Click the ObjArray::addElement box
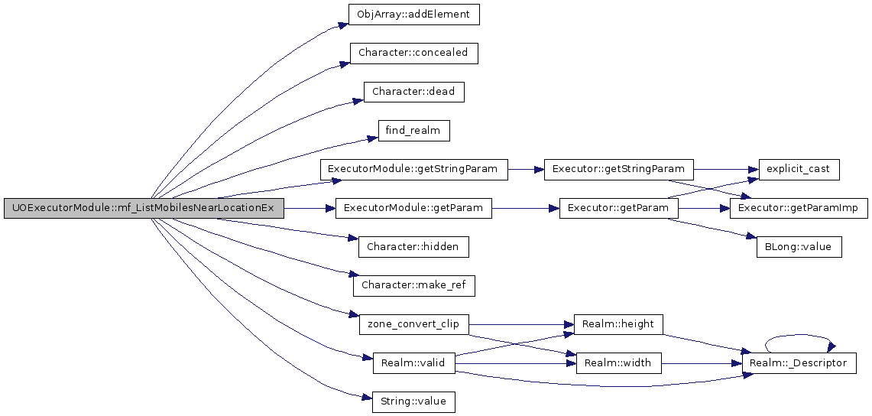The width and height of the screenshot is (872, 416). tap(413, 14)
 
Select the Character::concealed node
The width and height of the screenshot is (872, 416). tap(413, 53)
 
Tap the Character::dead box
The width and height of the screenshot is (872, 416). tap(413, 92)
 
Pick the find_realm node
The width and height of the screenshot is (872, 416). tap(413, 131)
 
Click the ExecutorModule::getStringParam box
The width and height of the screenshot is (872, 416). tap(413, 169)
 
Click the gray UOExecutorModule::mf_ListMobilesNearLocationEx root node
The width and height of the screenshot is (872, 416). tap(144, 208)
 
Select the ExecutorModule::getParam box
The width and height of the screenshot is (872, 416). tap(413, 208)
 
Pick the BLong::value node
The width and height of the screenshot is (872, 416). tap(799, 247)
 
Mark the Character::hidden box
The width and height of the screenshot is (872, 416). tap(413, 246)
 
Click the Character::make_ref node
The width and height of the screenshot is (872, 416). tap(413, 285)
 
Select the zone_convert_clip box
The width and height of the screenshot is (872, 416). tap(413, 324)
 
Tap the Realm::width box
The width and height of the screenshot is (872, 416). tap(619, 363)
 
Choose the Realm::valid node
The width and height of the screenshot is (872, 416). tap(413, 363)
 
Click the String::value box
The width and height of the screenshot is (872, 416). tap(413, 401)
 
